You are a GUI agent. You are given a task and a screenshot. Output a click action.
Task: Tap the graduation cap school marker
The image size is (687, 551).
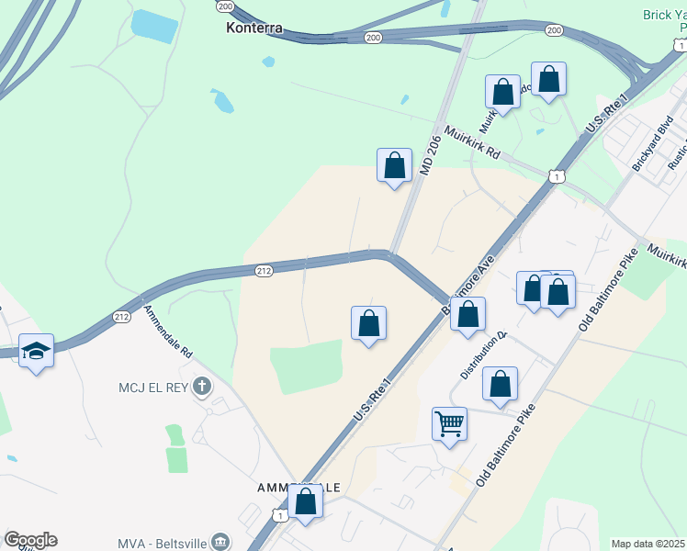click(x=36, y=351)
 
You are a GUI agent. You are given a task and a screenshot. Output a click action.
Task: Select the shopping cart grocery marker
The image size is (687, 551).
click(x=449, y=424)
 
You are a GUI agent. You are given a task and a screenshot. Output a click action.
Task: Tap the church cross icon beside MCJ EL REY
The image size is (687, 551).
click(x=202, y=386)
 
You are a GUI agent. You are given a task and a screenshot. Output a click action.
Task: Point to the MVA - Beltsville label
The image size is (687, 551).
click(x=163, y=543)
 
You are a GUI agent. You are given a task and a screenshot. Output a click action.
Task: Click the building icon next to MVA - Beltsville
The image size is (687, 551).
click(x=220, y=542)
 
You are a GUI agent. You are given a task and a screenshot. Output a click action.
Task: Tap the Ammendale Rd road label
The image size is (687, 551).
click(x=167, y=331)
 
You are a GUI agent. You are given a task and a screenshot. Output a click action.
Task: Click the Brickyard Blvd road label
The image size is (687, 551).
click(x=653, y=142)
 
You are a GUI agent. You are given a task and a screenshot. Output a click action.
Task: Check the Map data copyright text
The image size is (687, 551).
click(x=648, y=544)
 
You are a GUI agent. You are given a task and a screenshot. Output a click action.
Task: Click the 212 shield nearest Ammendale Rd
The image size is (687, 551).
click(x=121, y=317)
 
